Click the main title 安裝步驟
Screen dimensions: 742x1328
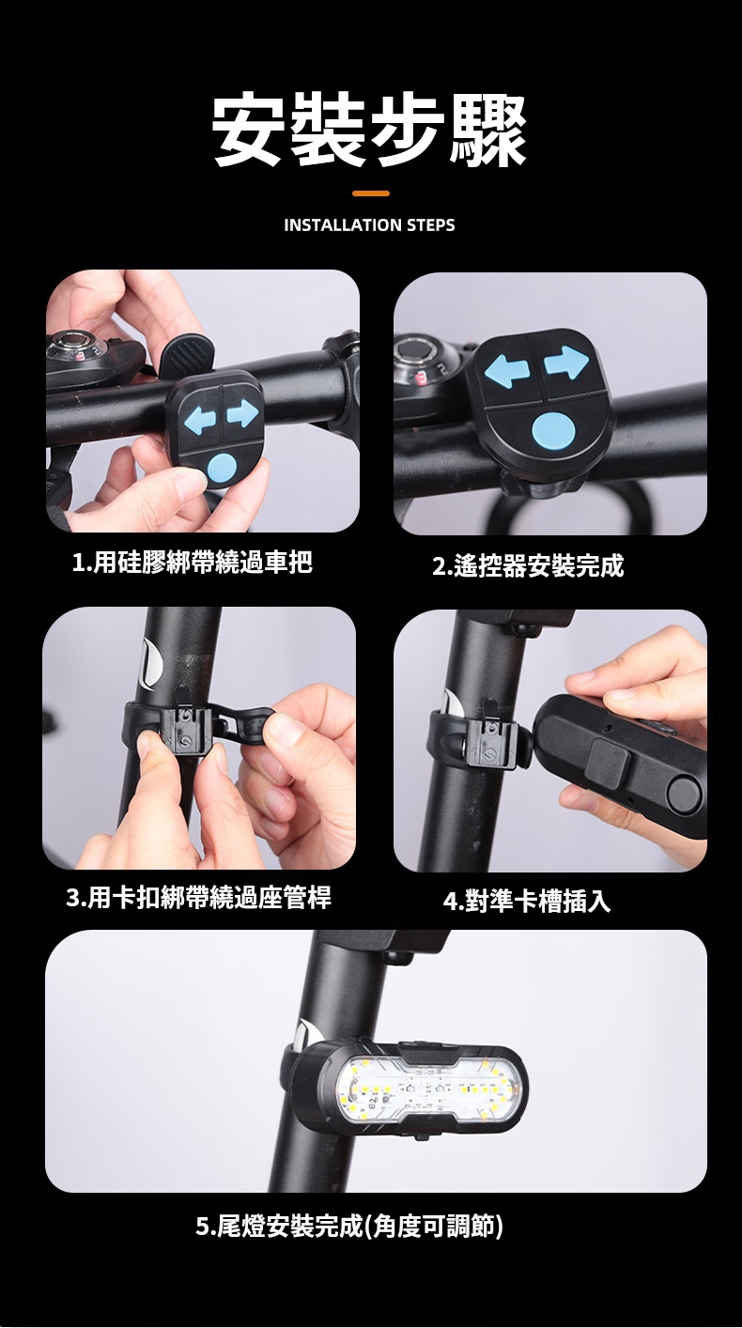coord(369,131)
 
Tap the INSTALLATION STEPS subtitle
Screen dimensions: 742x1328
coord(369,225)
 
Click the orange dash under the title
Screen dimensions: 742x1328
coord(371,193)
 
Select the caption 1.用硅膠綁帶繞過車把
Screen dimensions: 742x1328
coord(193,562)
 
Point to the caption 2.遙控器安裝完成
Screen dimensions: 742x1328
coord(528,565)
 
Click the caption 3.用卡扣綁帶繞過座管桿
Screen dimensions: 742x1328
coord(199,898)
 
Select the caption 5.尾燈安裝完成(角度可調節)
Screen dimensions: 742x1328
coord(349,1226)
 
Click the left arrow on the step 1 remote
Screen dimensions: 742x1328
coord(200,419)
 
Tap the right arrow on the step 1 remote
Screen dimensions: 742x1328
coord(243,413)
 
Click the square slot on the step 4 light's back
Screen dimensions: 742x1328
coord(610,762)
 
